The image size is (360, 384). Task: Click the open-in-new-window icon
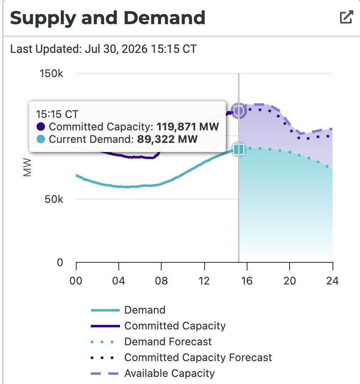click(347, 17)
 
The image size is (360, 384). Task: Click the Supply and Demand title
click(107, 18)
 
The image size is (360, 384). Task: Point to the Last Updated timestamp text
click(103, 49)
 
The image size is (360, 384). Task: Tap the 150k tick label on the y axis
click(52, 73)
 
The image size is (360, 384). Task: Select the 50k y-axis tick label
click(54, 199)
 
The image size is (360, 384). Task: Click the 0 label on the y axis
click(60, 262)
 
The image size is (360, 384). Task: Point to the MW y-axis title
click(27, 167)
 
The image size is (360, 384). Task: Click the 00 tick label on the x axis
click(76, 281)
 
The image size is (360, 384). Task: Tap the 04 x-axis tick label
click(119, 281)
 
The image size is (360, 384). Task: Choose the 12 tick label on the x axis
click(204, 281)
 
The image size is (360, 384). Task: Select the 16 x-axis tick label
click(247, 281)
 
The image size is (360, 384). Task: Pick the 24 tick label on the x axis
click(332, 281)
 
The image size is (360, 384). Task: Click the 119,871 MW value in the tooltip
click(188, 127)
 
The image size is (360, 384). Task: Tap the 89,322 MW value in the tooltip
click(167, 140)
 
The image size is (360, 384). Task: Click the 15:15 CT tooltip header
click(57, 114)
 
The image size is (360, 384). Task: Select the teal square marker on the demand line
click(239, 150)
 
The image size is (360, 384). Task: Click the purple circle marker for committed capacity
click(239, 111)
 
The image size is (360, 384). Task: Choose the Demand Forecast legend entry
click(151, 342)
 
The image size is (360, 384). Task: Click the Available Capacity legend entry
click(152, 374)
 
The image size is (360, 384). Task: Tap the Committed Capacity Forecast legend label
click(198, 357)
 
